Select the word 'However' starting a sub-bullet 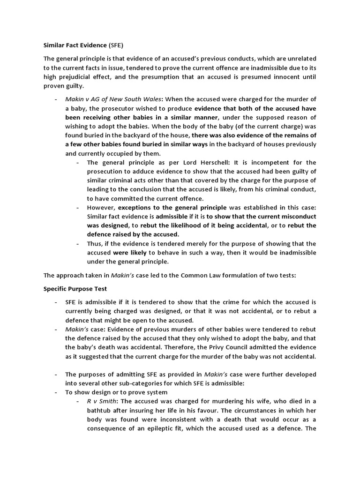(x=101, y=207)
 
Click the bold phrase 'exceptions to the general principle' (x=172, y=207)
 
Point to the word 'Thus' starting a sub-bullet (x=94, y=243)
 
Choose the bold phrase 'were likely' (x=130, y=252)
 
